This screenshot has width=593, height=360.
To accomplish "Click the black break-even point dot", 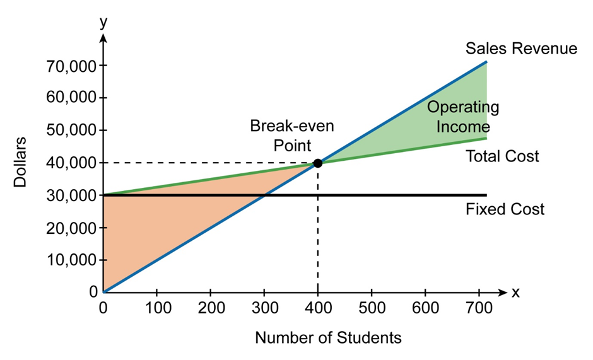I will (317, 163).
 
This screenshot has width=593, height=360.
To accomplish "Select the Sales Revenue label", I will (520, 49).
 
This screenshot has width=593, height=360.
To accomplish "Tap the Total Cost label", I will (502, 156).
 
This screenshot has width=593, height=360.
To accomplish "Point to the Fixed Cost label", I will (504, 209).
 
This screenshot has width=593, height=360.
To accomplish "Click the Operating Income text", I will (463, 117).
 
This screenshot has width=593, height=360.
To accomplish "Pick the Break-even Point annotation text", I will (292, 135).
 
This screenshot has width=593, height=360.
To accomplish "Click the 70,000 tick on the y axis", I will (69, 66).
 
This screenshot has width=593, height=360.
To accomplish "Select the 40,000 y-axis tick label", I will (69, 163).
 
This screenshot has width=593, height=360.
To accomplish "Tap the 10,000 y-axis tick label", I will (69, 260).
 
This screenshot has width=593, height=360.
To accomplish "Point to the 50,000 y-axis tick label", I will (69, 131).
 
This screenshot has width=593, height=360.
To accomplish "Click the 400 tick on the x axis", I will (317, 309).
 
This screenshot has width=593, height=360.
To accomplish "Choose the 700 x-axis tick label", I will (478, 309).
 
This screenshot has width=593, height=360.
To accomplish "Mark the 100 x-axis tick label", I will (156, 309).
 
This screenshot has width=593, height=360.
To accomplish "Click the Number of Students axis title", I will (328, 338).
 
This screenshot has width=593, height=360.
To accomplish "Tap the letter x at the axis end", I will (515, 293).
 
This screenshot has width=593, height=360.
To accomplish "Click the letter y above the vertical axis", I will (103, 23).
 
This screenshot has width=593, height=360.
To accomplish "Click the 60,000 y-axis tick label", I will (69, 98).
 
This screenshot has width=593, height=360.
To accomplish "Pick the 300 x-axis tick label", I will (264, 309).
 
